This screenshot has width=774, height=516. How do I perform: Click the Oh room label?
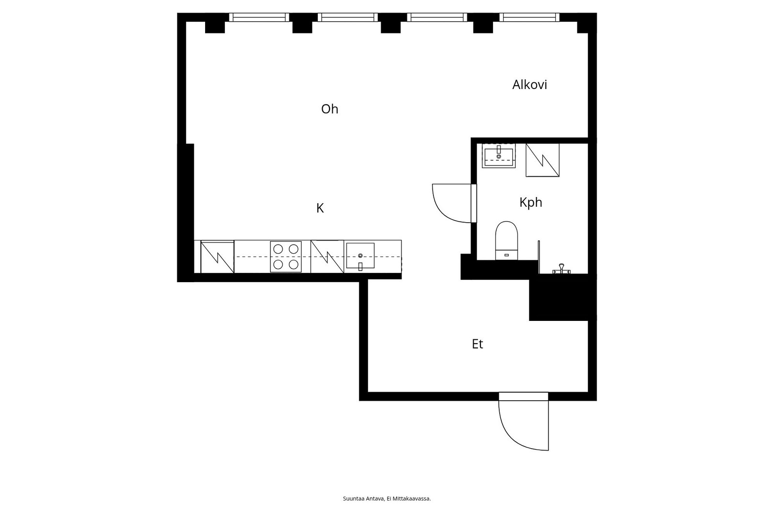(x=329, y=109)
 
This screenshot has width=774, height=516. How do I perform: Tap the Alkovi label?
(x=529, y=85)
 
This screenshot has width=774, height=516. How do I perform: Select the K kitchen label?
(x=320, y=208)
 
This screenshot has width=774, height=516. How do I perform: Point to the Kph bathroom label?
(x=531, y=203)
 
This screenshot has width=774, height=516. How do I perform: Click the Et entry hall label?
(x=477, y=344)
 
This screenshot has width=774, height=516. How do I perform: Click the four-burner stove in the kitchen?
(x=286, y=257)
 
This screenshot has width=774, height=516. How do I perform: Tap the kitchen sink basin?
(x=360, y=256)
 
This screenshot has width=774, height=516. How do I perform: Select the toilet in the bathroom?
(x=506, y=241)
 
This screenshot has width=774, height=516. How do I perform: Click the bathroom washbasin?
(x=499, y=156)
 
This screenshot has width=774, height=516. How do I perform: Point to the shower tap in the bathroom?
(x=561, y=269)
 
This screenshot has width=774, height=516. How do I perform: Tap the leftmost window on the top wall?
(x=259, y=17)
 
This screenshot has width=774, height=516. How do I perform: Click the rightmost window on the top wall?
(x=529, y=17)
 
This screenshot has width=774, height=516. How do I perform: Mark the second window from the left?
(x=348, y=17)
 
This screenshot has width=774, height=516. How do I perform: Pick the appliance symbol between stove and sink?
(x=327, y=257)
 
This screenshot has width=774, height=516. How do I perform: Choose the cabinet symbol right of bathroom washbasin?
(x=542, y=160)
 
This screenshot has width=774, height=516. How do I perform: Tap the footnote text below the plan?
(x=387, y=499)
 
